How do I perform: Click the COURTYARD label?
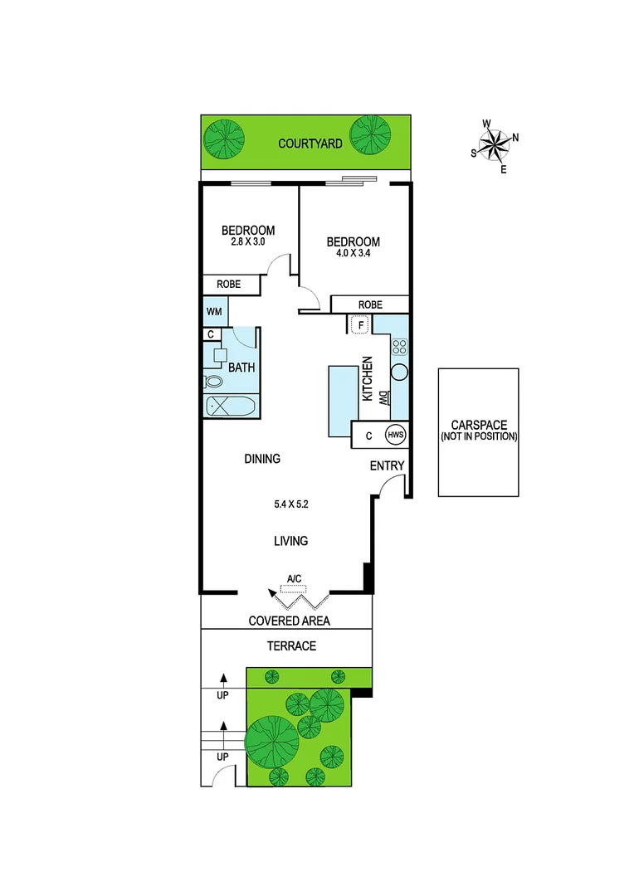pos(310,144)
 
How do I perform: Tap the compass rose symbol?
pos(495,146)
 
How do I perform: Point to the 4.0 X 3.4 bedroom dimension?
pos(353,256)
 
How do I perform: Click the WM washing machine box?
pos(214,312)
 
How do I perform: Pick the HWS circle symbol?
pos(395,434)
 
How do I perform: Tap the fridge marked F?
pos(359,324)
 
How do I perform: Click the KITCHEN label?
pos(366,379)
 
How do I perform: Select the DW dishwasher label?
pos(383,397)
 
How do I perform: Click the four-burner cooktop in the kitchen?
pos(399,347)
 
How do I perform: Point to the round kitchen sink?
pos(399,373)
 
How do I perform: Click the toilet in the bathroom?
pos(213,382)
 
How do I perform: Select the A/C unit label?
pos(294,578)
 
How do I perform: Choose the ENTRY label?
pos(387,465)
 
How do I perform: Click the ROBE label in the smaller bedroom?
pos(228,284)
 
